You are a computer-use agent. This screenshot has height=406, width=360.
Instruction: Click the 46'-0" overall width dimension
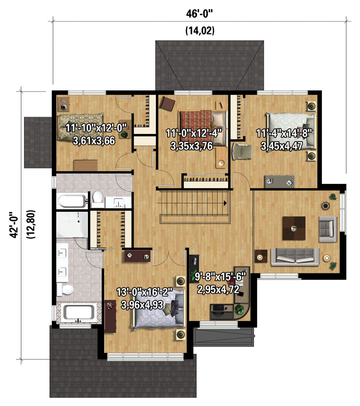(x=199, y=14)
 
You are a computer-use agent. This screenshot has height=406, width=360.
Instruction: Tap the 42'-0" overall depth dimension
(x=14, y=224)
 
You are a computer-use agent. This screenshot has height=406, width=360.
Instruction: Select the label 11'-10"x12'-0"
(x=96, y=128)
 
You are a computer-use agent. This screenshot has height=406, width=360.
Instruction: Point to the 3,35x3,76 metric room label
(x=192, y=146)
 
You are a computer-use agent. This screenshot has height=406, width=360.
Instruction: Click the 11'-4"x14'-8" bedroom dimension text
(x=284, y=133)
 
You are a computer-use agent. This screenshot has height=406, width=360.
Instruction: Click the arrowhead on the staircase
(x=225, y=203)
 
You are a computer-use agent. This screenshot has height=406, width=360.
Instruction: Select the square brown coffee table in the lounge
(x=294, y=228)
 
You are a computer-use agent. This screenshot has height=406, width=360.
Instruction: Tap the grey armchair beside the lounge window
(x=328, y=229)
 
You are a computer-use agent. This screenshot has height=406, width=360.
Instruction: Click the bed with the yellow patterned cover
(x=81, y=126)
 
